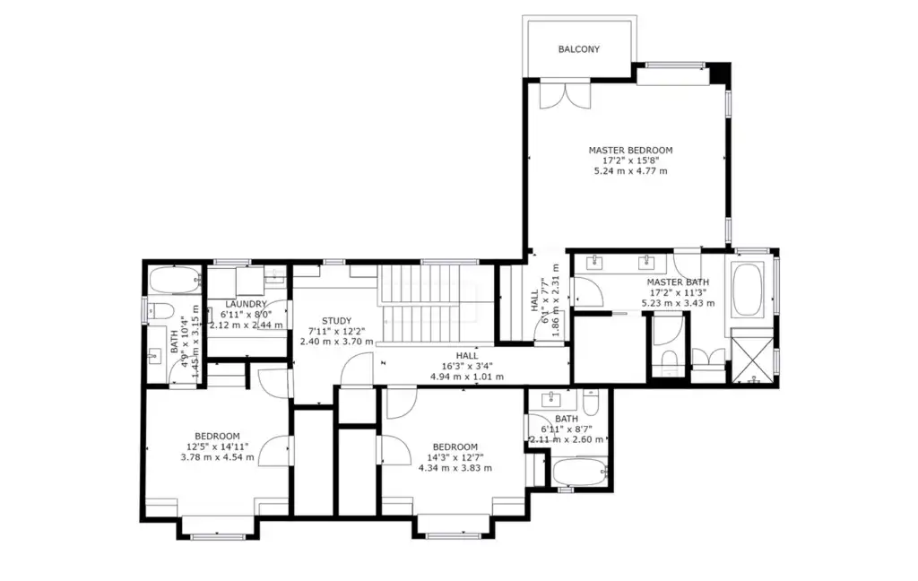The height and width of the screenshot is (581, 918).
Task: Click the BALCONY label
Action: coord(578,49)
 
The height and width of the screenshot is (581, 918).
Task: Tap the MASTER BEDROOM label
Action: coord(630,150)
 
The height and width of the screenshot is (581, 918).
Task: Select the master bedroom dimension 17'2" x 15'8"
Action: coord(630,160)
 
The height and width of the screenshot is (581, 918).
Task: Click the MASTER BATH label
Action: coord(678,282)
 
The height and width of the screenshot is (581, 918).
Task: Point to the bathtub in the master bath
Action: coord(748,290)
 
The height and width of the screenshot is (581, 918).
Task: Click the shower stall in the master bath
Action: coord(753,356)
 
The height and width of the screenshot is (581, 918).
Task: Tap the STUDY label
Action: coord(337,320)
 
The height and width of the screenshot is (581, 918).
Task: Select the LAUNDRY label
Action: coord(246,304)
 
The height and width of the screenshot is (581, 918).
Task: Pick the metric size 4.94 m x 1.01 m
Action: coord(466,377)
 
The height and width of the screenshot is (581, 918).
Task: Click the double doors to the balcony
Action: coord(566,95)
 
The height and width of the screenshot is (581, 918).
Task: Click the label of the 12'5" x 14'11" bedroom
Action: coord(217,437)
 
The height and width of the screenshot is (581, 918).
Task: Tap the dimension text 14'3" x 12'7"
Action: coord(455,457)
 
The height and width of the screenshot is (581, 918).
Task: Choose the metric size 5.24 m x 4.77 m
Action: coord(630,171)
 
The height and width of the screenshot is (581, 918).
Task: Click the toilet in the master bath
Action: coord(669,357)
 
